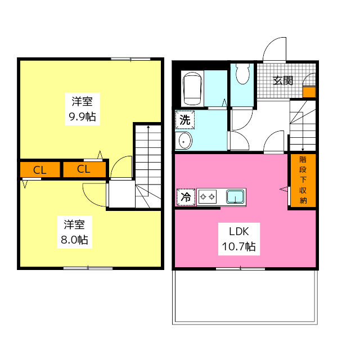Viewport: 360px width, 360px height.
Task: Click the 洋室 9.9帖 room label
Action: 82,110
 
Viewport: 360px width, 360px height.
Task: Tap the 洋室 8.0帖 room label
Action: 75,232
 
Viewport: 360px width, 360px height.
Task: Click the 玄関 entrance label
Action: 283,80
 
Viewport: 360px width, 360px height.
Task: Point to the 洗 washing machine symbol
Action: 185,119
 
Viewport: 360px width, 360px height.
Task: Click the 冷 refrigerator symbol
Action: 185,197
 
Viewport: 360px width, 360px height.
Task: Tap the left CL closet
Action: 39,170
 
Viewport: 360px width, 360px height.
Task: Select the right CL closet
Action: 83,170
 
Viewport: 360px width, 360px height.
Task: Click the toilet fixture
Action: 243,74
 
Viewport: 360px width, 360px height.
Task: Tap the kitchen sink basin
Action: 235,197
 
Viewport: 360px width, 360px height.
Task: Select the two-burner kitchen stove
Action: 208,197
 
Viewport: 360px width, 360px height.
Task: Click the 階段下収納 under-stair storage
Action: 303,180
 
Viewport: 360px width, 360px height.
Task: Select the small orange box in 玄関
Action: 309,92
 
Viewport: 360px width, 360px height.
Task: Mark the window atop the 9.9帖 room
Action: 130,58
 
